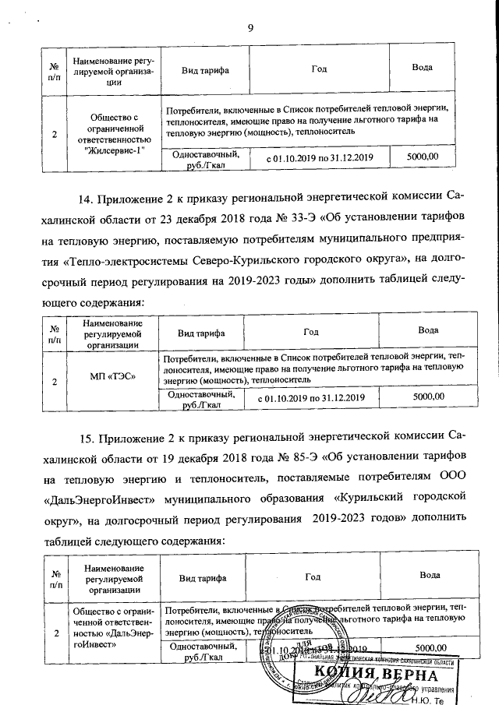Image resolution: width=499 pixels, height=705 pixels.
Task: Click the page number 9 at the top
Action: [250, 30]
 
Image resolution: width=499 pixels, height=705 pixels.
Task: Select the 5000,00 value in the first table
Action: [423, 157]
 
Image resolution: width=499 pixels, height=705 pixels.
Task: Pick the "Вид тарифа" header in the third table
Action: [204, 578]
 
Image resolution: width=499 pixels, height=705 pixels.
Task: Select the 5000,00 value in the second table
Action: [428, 397]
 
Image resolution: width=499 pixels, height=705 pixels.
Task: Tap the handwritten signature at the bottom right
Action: [374, 692]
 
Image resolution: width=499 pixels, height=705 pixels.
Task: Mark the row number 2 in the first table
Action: [55, 134]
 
